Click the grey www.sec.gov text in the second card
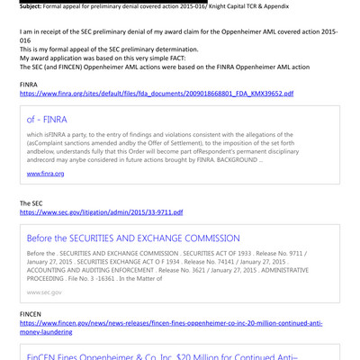[44, 292]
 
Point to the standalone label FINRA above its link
[29, 83]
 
